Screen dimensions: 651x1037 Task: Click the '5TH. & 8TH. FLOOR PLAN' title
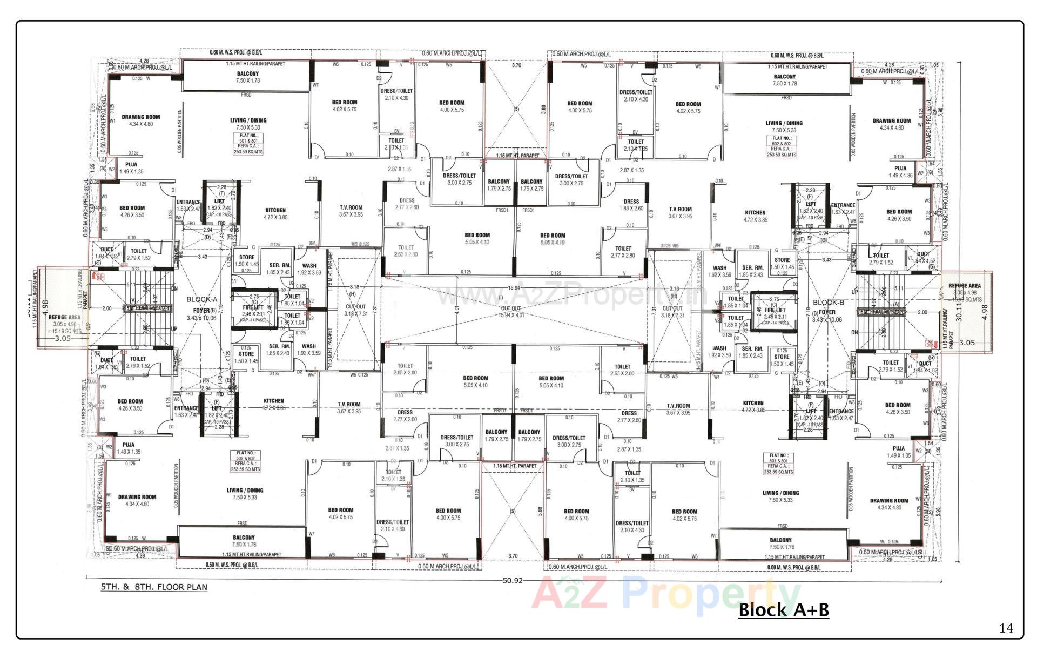click(x=154, y=587)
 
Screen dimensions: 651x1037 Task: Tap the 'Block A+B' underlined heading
click(x=783, y=610)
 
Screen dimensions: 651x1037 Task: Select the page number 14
click(x=1006, y=628)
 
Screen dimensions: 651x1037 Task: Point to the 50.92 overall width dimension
click(x=513, y=581)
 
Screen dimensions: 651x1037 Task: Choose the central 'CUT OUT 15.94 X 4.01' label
click(x=510, y=311)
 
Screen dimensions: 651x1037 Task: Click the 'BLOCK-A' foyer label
click(x=201, y=299)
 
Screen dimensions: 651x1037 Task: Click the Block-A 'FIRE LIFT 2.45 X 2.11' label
click(x=253, y=310)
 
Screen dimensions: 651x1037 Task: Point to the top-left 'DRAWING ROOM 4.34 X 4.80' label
click(x=140, y=120)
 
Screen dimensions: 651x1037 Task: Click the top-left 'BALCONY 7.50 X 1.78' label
click(x=247, y=77)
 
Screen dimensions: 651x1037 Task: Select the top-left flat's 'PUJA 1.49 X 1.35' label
click(x=131, y=167)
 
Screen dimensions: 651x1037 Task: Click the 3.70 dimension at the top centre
click(x=516, y=65)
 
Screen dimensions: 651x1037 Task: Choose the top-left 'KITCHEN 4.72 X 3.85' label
click(x=275, y=213)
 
